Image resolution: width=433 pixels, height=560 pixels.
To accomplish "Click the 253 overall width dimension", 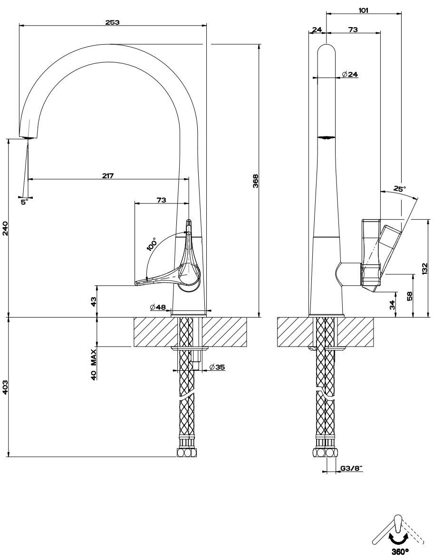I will point(113,22).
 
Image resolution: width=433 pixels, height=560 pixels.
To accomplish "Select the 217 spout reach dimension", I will point(108,175).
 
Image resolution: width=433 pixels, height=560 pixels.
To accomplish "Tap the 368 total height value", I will point(255,181).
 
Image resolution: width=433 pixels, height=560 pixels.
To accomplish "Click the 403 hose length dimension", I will point(5,387).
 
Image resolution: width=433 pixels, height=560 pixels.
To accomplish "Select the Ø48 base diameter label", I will point(157,308).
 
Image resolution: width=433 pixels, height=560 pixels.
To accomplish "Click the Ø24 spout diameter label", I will point(350,74).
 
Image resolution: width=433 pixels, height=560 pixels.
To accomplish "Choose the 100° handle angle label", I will point(152,244).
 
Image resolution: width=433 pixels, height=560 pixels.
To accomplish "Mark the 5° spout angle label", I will point(24,202).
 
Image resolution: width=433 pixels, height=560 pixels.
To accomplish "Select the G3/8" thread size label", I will point(351,469).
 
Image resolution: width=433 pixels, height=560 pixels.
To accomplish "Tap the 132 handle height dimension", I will point(424,269).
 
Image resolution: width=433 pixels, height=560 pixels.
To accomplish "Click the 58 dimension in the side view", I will point(409,296).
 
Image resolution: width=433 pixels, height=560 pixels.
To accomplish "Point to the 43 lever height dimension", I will point(94,301).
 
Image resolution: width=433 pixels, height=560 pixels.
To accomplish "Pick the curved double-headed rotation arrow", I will point(398,538).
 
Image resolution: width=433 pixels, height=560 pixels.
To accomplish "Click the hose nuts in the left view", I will point(186,453).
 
